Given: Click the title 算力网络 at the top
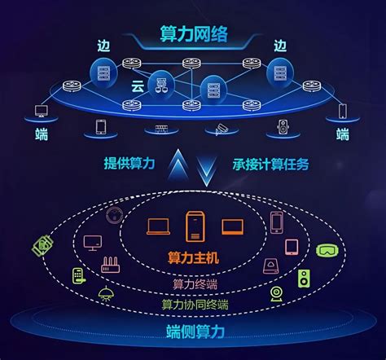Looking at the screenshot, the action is click(x=194, y=34).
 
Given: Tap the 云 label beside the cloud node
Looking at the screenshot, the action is click(x=138, y=86).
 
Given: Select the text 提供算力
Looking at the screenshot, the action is click(x=129, y=164).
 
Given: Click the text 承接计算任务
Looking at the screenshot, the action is click(x=270, y=165).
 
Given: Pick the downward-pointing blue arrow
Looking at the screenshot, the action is click(x=207, y=170).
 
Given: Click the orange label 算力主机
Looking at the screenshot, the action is click(x=193, y=257).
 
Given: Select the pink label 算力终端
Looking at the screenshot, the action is click(x=195, y=284).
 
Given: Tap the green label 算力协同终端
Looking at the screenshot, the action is click(x=195, y=305).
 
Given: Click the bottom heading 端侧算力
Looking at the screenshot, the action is click(x=195, y=331).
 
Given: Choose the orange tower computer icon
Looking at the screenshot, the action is click(x=195, y=227).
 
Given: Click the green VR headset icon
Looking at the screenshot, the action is click(x=327, y=250).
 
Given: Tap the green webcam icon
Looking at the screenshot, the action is click(x=276, y=294).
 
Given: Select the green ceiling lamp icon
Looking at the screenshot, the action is click(x=106, y=294).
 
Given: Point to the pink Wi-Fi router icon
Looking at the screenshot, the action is click(x=111, y=265).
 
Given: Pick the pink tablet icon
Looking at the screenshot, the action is click(x=292, y=247).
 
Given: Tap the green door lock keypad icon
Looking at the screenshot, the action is click(x=79, y=276).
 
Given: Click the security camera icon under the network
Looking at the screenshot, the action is click(x=222, y=130).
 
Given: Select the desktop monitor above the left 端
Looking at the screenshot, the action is click(x=42, y=111).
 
